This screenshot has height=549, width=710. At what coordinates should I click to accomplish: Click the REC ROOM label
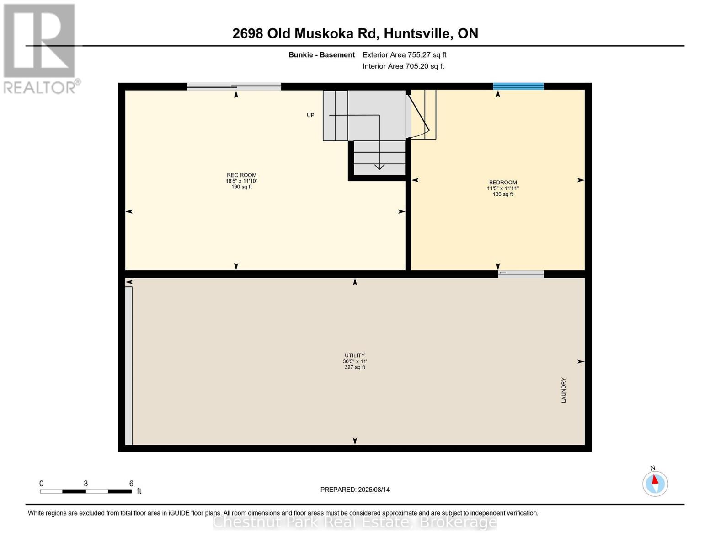pyautogui.click(x=241, y=175)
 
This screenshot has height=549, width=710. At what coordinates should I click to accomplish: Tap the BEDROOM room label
pyautogui.click(x=502, y=182)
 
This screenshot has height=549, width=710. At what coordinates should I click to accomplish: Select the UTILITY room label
pyautogui.click(x=355, y=355)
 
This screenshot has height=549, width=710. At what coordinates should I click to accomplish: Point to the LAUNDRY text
pyautogui.click(x=564, y=390)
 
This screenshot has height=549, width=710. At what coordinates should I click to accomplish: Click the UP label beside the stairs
pyautogui.click(x=310, y=115)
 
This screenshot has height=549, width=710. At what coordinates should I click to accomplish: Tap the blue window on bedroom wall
pyautogui.click(x=518, y=86)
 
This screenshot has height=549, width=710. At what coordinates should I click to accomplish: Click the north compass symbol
pyautogui.click(x=655, y=483)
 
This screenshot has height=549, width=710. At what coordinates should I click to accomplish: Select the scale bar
pyautogui.click(x=85, y=491)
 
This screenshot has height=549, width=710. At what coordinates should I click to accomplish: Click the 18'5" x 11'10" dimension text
pyautogui.click(x=241, y=181)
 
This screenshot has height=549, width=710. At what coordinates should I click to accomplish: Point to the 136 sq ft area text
pyautogui.click(x=502, y=194)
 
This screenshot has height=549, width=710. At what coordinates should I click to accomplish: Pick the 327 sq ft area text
pyautogui.click(x=355, y=367)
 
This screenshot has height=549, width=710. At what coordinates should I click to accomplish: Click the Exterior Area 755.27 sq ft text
pyautogui.click(x=404, y=55)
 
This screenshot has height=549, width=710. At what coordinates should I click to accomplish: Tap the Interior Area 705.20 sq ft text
pyautogui.click(x=403, y=66)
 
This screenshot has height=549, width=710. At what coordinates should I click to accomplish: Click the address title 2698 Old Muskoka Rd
pyautogui.click(x=355, y=33)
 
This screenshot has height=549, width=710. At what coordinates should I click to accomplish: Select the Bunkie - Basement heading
pyautogui.click(x=321, y=55)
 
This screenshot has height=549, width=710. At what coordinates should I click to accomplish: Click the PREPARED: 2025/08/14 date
pyautogui.click(x=355, y=490)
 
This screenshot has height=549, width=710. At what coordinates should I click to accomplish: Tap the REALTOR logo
pyautogui.click(x=40, y=48)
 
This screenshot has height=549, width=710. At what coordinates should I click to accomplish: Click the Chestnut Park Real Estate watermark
pyautogui.click(x=355, y=522)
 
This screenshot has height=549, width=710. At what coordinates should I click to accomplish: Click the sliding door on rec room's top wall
pyautogui.click(x=234, y=86)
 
